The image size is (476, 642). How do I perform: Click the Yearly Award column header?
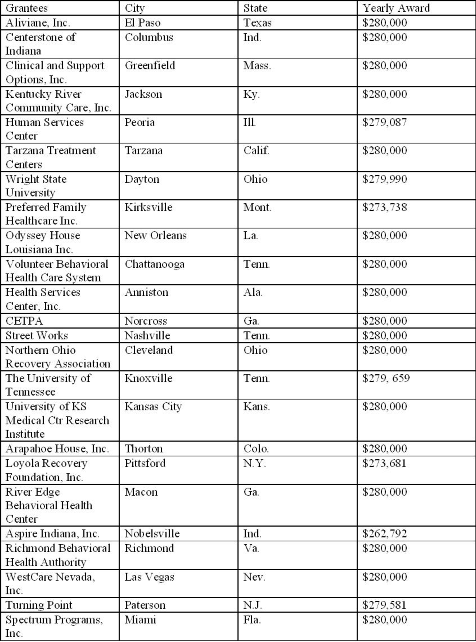396,8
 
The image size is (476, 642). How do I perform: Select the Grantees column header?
27,8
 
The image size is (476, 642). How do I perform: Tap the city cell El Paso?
142,23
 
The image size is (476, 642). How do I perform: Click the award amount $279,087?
384,122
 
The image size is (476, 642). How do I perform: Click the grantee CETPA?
24,321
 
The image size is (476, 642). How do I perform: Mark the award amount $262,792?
384,534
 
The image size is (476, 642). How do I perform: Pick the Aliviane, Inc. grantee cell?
38,23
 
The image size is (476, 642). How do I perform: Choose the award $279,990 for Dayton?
384,179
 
